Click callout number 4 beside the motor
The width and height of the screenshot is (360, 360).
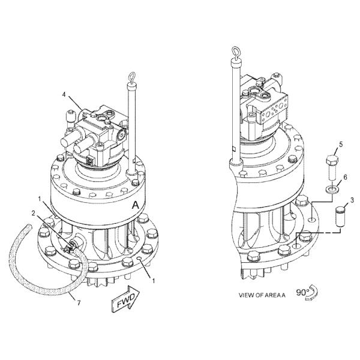(64, 94)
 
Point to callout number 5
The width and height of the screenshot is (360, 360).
(341, 144)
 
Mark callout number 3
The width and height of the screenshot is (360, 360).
(352, 200)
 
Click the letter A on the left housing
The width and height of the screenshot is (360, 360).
(137, 205)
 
